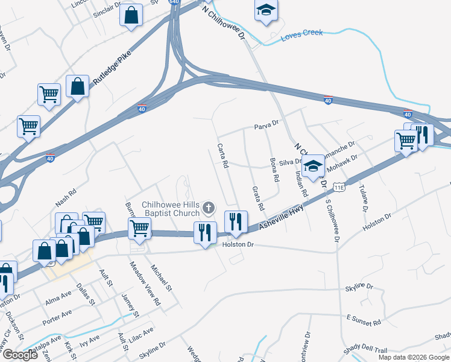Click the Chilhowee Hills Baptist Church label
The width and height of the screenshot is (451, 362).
[170, 209]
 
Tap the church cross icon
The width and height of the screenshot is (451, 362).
[209, 208]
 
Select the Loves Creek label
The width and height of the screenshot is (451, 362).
[301, 36]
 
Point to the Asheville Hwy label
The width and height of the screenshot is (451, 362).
[281, 218]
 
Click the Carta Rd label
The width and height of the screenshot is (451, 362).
[222, 156]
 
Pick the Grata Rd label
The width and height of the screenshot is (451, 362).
[257, 197]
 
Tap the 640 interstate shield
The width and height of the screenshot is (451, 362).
[174, 2]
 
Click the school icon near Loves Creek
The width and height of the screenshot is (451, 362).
[265, 10]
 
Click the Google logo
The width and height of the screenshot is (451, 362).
[20, 355]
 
